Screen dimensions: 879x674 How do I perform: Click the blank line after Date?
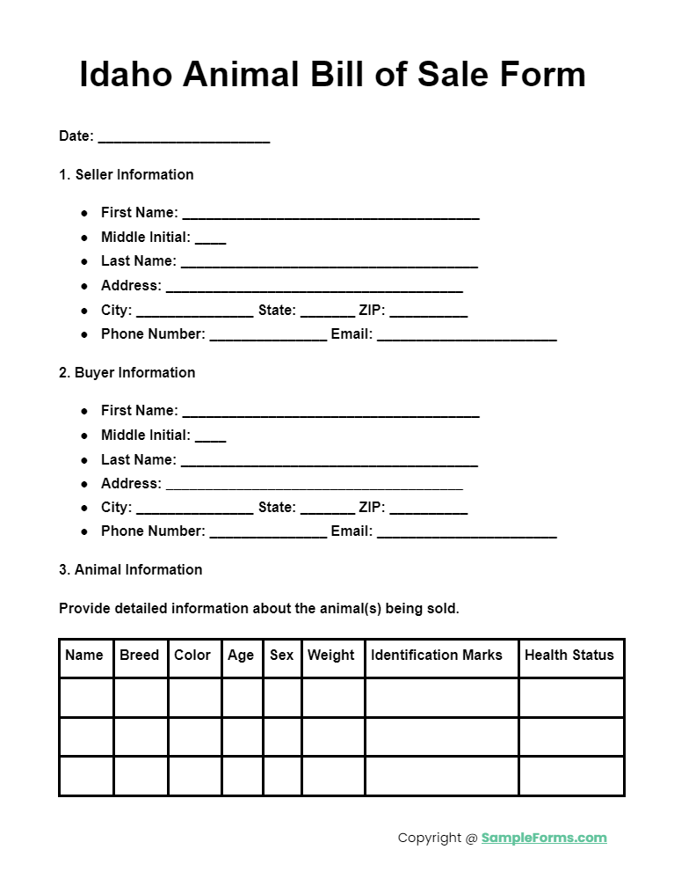(184, 138)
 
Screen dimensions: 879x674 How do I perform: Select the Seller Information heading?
(126, 174)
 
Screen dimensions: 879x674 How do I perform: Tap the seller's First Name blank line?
(330, 214)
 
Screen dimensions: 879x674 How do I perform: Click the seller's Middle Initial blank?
(210, 238)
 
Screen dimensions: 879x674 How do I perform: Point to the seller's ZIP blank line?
(429, 312)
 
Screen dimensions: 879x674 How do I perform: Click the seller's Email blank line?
(467, 336)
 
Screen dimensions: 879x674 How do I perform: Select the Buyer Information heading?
(127, 372)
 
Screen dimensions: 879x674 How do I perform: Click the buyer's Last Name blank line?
(329, 461)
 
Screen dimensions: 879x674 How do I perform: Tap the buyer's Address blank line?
(314, 485)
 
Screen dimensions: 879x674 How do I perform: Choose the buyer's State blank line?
(327, 510)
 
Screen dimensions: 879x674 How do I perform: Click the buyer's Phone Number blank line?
(268, 534)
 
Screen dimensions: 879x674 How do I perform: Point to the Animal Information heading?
(130, 569)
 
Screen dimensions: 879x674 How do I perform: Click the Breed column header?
(140, 655)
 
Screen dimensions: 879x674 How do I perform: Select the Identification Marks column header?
(437, 655)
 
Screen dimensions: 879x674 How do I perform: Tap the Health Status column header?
(569, 655)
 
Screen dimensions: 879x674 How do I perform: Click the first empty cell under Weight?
(333, 698)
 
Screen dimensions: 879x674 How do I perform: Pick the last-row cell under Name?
(86, 775)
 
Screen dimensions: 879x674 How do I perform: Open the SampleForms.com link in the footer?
(544, 838)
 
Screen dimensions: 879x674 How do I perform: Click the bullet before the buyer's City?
(84, 509)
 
